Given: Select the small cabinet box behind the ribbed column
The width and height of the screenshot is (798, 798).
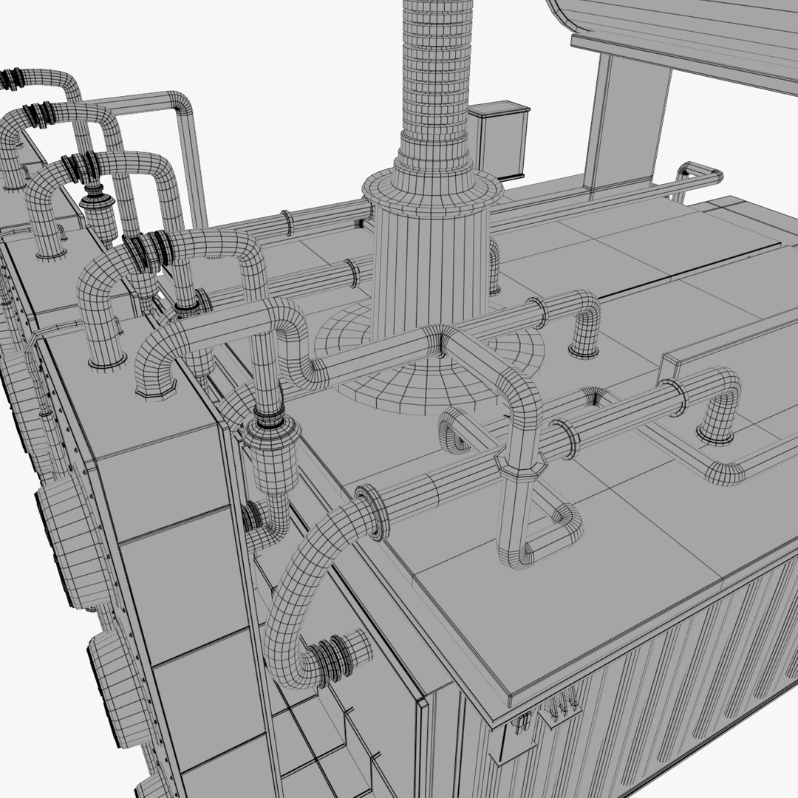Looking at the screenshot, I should [x=499, y=140].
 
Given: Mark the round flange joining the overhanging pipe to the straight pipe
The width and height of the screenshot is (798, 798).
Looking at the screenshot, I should [x=372, y=511].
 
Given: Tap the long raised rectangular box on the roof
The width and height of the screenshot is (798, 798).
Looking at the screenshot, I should [x=728, y=347].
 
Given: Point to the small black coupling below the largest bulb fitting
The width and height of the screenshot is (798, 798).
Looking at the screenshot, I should [x=253, y=515].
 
